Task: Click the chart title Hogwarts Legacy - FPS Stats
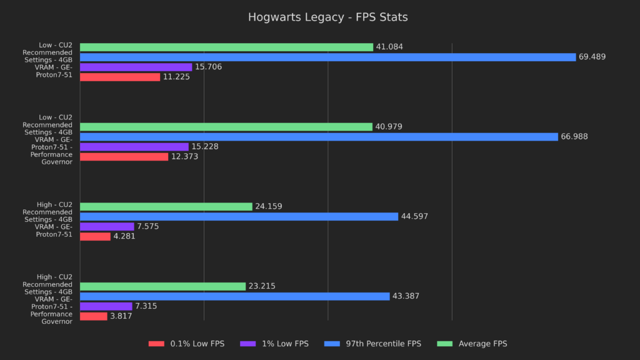[x=327, y=17]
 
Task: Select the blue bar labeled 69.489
[x=327, y=57]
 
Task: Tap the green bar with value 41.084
[x=226, y=47]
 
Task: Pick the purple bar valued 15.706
[x=136, y=67]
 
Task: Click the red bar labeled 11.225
[x=120, y=77]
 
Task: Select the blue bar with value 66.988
[x=319, y=137]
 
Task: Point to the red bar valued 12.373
[x=124, y=157]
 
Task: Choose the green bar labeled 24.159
[x=166, y=206]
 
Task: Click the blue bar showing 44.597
[x=239, y=216]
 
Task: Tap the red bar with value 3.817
[x=94, y=316]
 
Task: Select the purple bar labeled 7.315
[x=106, y=306]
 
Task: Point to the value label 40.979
[x=389, y=127]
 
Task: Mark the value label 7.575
[x=148, y=226]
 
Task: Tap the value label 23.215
[x=262, y=286]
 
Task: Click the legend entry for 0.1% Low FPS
[x=186, y=344]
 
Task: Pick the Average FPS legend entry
[x=474, y=344]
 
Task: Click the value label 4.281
[x=124, y=236]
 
